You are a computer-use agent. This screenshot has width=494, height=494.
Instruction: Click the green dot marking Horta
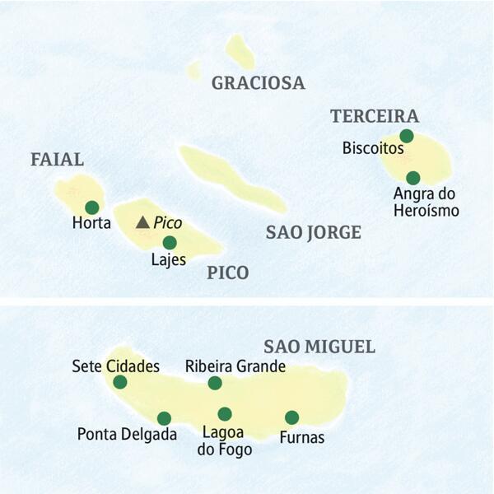coord(91,207)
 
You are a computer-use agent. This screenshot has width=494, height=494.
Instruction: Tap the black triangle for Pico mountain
coord(142,222)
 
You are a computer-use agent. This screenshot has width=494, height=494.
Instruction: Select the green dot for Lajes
coord(169,242)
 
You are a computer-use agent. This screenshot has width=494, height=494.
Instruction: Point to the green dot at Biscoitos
coord(406,136)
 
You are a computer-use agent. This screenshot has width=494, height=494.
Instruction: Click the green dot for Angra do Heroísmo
coord(413,178)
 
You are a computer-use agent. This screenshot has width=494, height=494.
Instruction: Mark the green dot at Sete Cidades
coord(120,381)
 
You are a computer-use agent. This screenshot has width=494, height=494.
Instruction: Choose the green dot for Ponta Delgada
coord(164,418)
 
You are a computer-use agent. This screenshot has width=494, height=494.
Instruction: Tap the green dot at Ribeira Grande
coord(215,383)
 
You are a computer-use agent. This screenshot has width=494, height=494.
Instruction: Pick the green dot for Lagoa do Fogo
coord(225,414)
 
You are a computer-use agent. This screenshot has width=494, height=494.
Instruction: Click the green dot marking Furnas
coord(291,417)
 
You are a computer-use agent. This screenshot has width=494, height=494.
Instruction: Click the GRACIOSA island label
coord(258,82)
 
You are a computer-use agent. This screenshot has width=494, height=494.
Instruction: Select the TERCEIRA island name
coord(375,116)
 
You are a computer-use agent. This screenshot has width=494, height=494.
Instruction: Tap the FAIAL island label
coord(58,160)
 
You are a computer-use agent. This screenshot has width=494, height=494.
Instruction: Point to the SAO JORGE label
coord(313,233)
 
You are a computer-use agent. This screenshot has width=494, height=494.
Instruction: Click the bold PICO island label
coord(228,273)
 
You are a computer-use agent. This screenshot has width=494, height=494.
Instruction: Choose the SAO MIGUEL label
coord(319,347)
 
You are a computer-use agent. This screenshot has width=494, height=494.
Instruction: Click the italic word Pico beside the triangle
coord(168,222)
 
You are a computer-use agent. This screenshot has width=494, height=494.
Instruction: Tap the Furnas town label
coord(302,437)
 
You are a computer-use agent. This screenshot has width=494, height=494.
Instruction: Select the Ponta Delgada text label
coord(127,434)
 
